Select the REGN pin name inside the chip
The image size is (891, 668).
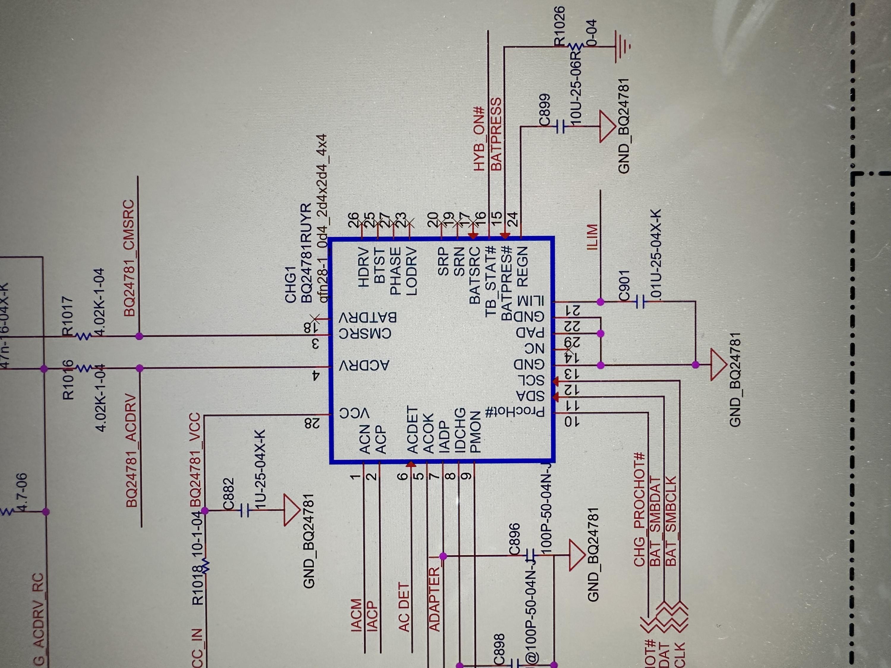[522, 267]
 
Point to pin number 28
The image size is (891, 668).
[315, 422]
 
